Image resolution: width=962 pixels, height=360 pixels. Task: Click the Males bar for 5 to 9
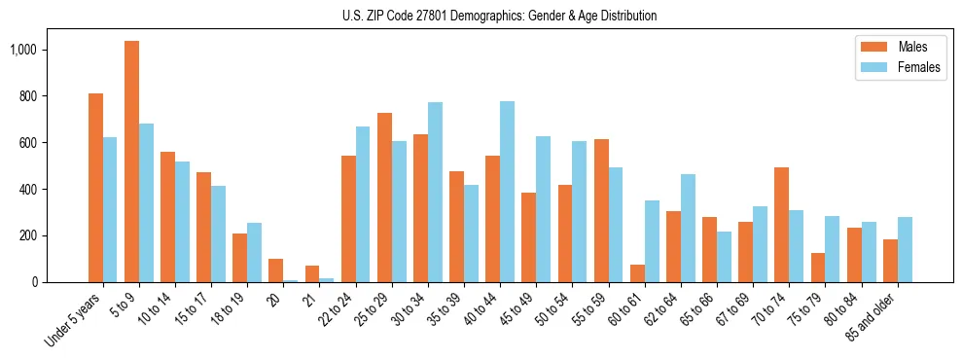[131, 162]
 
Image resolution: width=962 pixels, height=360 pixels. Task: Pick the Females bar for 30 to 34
[435, 192]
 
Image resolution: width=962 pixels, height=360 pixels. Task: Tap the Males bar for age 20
[276, 270]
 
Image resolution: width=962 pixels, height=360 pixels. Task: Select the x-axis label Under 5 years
[73, 317]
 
